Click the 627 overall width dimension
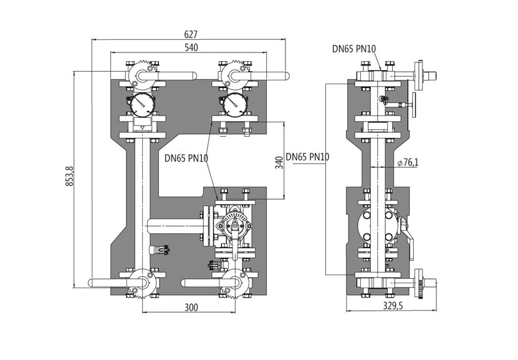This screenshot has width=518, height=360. click(191, 34)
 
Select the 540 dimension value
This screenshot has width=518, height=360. click(191, 47)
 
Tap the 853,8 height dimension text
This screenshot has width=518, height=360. click(70, 175)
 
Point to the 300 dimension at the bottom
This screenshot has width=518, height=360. click(191, 308)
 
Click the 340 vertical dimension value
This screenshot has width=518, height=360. click(279, 162)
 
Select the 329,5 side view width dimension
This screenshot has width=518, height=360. click(393, 306)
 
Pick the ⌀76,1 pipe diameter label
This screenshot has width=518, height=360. click(408, 162)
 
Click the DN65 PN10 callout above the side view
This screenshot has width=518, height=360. click(354, 49)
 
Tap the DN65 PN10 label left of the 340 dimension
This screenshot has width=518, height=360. click(186, 158)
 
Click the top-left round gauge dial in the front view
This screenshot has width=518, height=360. click(142, 104)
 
